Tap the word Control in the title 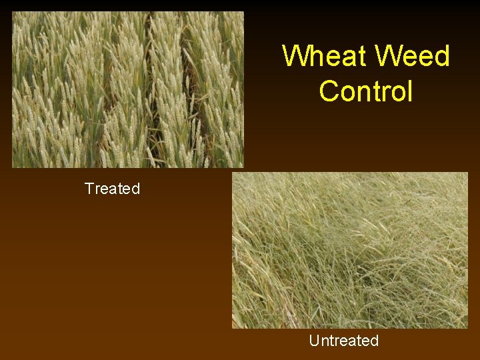click(366, 91)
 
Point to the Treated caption click(112, 189)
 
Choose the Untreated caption click(343, 341)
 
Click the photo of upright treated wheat click(128, 89)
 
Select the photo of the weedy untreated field click(350, 251)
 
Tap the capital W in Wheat click(296, 56)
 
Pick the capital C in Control click(329, 91)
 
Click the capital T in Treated click(89, 189)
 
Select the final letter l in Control click(410, 91)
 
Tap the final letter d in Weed click(442, 56)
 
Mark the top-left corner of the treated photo click(13, 12)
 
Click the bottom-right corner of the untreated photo click(467, 327)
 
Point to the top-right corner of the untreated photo click(467, 173)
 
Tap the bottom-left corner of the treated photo click(13, 167)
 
